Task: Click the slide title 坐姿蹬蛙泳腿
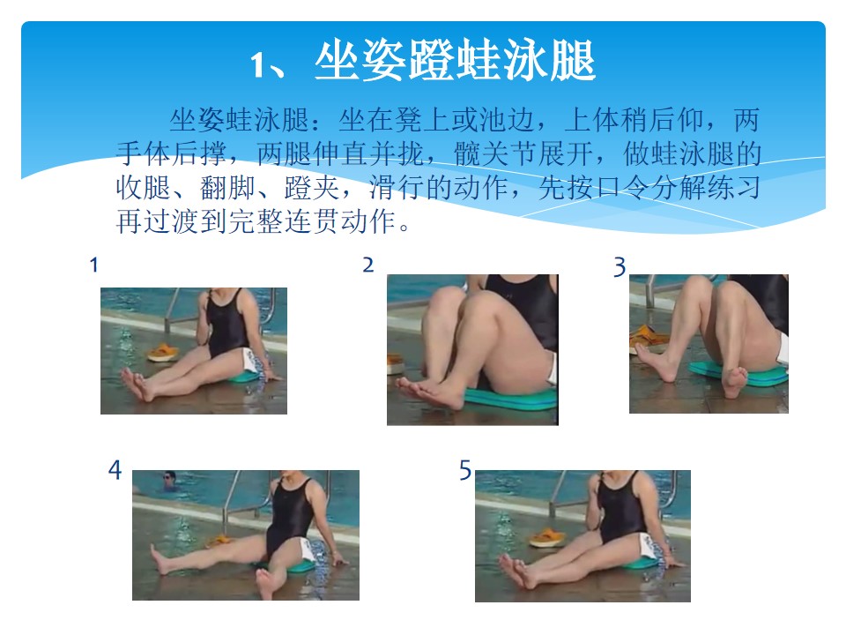(455, 61)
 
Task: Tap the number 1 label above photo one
(94, 265)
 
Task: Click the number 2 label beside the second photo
(368, 265)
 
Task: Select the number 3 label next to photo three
(620, 267)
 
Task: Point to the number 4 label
(115, 470)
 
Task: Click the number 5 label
(465, 470)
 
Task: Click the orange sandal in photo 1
(162, 353)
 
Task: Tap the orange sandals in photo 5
(547, 538)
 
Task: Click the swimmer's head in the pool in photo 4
(170, 478)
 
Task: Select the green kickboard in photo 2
(510, 398)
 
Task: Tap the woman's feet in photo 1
(137, 384)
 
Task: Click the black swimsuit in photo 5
(621, 509)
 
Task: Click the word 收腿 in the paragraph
(143, 188)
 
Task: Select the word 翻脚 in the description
(227, 188)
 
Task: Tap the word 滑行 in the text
(397, 188)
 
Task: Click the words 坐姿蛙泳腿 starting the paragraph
(239, 120)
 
